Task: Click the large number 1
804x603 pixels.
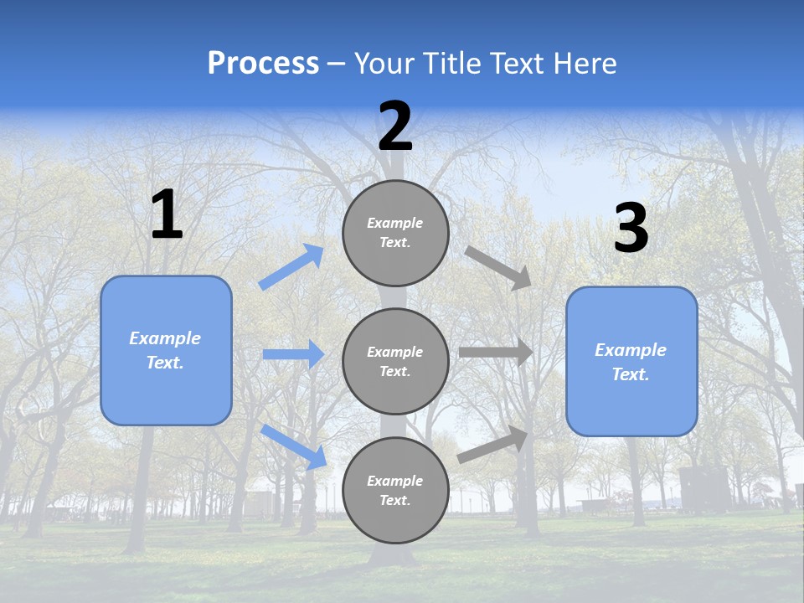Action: click(166, 215)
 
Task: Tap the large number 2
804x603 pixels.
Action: click(395, 126)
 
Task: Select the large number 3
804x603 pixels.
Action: click(631, 229)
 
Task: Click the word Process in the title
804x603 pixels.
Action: click(263, 64)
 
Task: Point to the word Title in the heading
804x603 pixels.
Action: click(454, 64)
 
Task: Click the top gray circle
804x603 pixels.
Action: click(395, 233)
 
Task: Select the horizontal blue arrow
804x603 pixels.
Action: click(293, 354)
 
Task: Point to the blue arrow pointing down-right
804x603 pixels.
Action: click(294, 446)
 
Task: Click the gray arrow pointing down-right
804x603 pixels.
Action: click(498, 267)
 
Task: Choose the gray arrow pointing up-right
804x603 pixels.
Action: click(493, 445)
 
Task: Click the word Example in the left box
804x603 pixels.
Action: click(165, 338)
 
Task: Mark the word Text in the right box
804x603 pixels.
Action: click(630, 374)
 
